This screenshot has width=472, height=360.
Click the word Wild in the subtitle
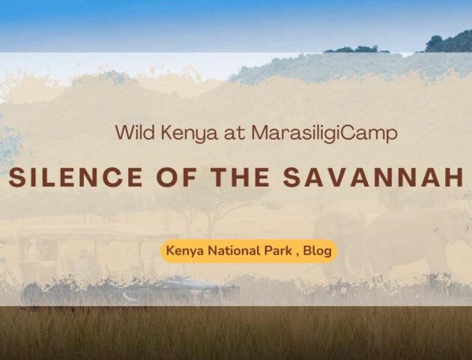click(x=135, y=132)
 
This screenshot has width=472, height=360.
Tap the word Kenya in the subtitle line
click(x=190, y=133)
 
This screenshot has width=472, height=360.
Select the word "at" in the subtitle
click(x=235, y=133)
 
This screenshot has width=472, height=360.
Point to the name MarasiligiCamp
click(x=324, y=133)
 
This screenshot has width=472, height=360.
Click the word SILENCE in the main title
click(x=76, y=177)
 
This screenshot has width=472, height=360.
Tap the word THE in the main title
click(x=240, y=177)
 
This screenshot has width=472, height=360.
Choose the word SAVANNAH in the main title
click(x=373, y=177)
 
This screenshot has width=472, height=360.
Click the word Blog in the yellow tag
click(x=317, y=251)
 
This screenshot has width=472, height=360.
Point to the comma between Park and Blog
click(x=297, y=255)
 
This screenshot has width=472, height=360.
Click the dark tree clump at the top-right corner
click(x=449, y=41)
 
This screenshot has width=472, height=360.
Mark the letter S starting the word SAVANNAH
click(x=291, y=177)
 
